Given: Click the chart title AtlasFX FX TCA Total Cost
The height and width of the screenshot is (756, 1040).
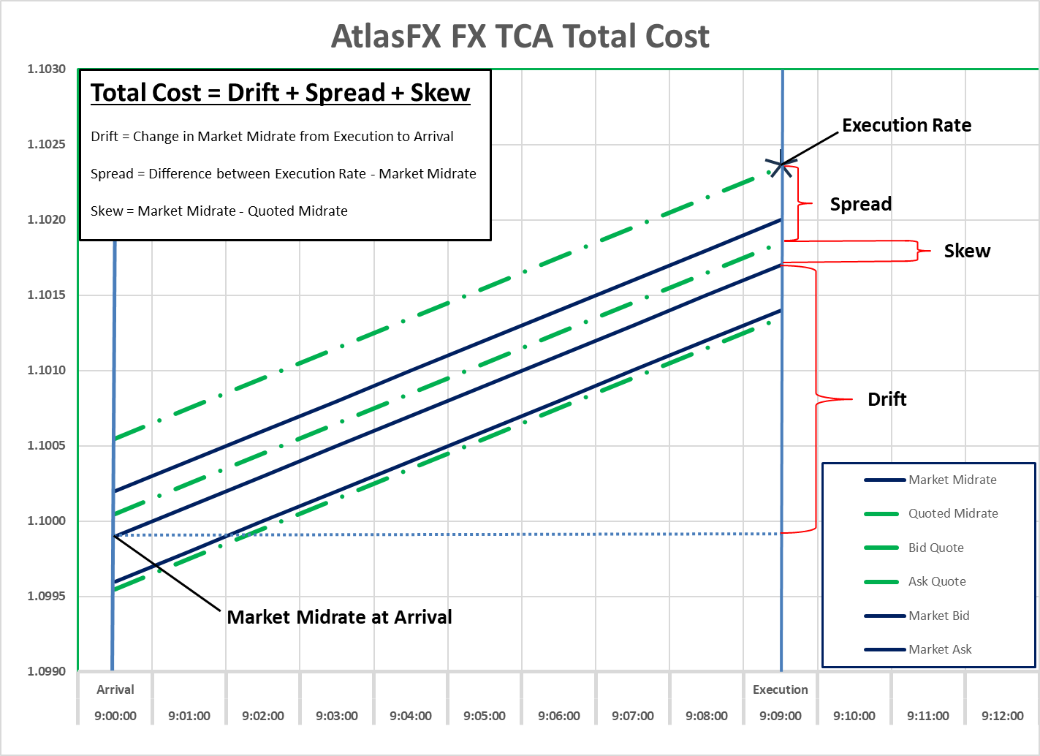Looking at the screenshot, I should pyautogui.click(x=520, y=36).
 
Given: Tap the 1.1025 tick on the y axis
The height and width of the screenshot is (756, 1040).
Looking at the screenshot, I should pyautogui.click(x=47, y=144).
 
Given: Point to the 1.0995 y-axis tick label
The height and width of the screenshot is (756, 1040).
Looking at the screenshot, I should pyautogui.click(x=47, y=596).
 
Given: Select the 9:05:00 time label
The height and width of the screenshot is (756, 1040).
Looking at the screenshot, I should pyautogui.click(x=485, y=716).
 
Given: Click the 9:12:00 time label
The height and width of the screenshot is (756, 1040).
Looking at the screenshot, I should pyautogui.click(x=1002, y=716).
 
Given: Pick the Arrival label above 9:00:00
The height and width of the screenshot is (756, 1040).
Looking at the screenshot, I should pyautogui.click(x=115, y=689).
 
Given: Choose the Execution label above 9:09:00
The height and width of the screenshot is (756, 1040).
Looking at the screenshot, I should pyautogui.click(x=781, y=689).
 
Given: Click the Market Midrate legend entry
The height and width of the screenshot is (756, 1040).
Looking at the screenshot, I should pyautogui.click(x=952, y=480).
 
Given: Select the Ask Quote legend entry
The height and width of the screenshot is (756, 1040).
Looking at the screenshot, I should pyautogui.click(x=937, y=581).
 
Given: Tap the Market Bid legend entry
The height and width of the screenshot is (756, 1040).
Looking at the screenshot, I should pyautogui.click(x=938, y=616).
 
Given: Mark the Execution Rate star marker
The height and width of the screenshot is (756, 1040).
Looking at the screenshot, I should pyautogui.click(x=781, y=165).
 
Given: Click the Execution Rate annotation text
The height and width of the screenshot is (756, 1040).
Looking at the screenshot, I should pyautogui.click(x=906, y=125).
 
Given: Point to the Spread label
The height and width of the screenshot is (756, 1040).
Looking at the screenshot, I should pyautogui.click(x=860, y=204).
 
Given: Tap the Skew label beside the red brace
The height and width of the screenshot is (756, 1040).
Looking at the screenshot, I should pyautogui.click(x=967, y=251).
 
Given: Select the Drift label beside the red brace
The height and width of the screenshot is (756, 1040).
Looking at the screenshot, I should pyautogui.click(x=887, y=399).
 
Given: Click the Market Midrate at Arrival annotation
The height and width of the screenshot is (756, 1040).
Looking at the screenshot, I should pyautogui.click(x=339, y=617).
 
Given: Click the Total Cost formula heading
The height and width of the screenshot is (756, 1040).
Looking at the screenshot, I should pyautogui.click(x=281, y=93).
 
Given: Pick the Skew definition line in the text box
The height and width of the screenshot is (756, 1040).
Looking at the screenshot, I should pyautogui.click(x=219, y=211).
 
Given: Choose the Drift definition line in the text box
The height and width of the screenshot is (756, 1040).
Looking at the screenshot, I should pyautogui.click(x=272, y=137).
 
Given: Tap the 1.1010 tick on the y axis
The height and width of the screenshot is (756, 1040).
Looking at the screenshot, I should pyautogui.click(x=47, y=370).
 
